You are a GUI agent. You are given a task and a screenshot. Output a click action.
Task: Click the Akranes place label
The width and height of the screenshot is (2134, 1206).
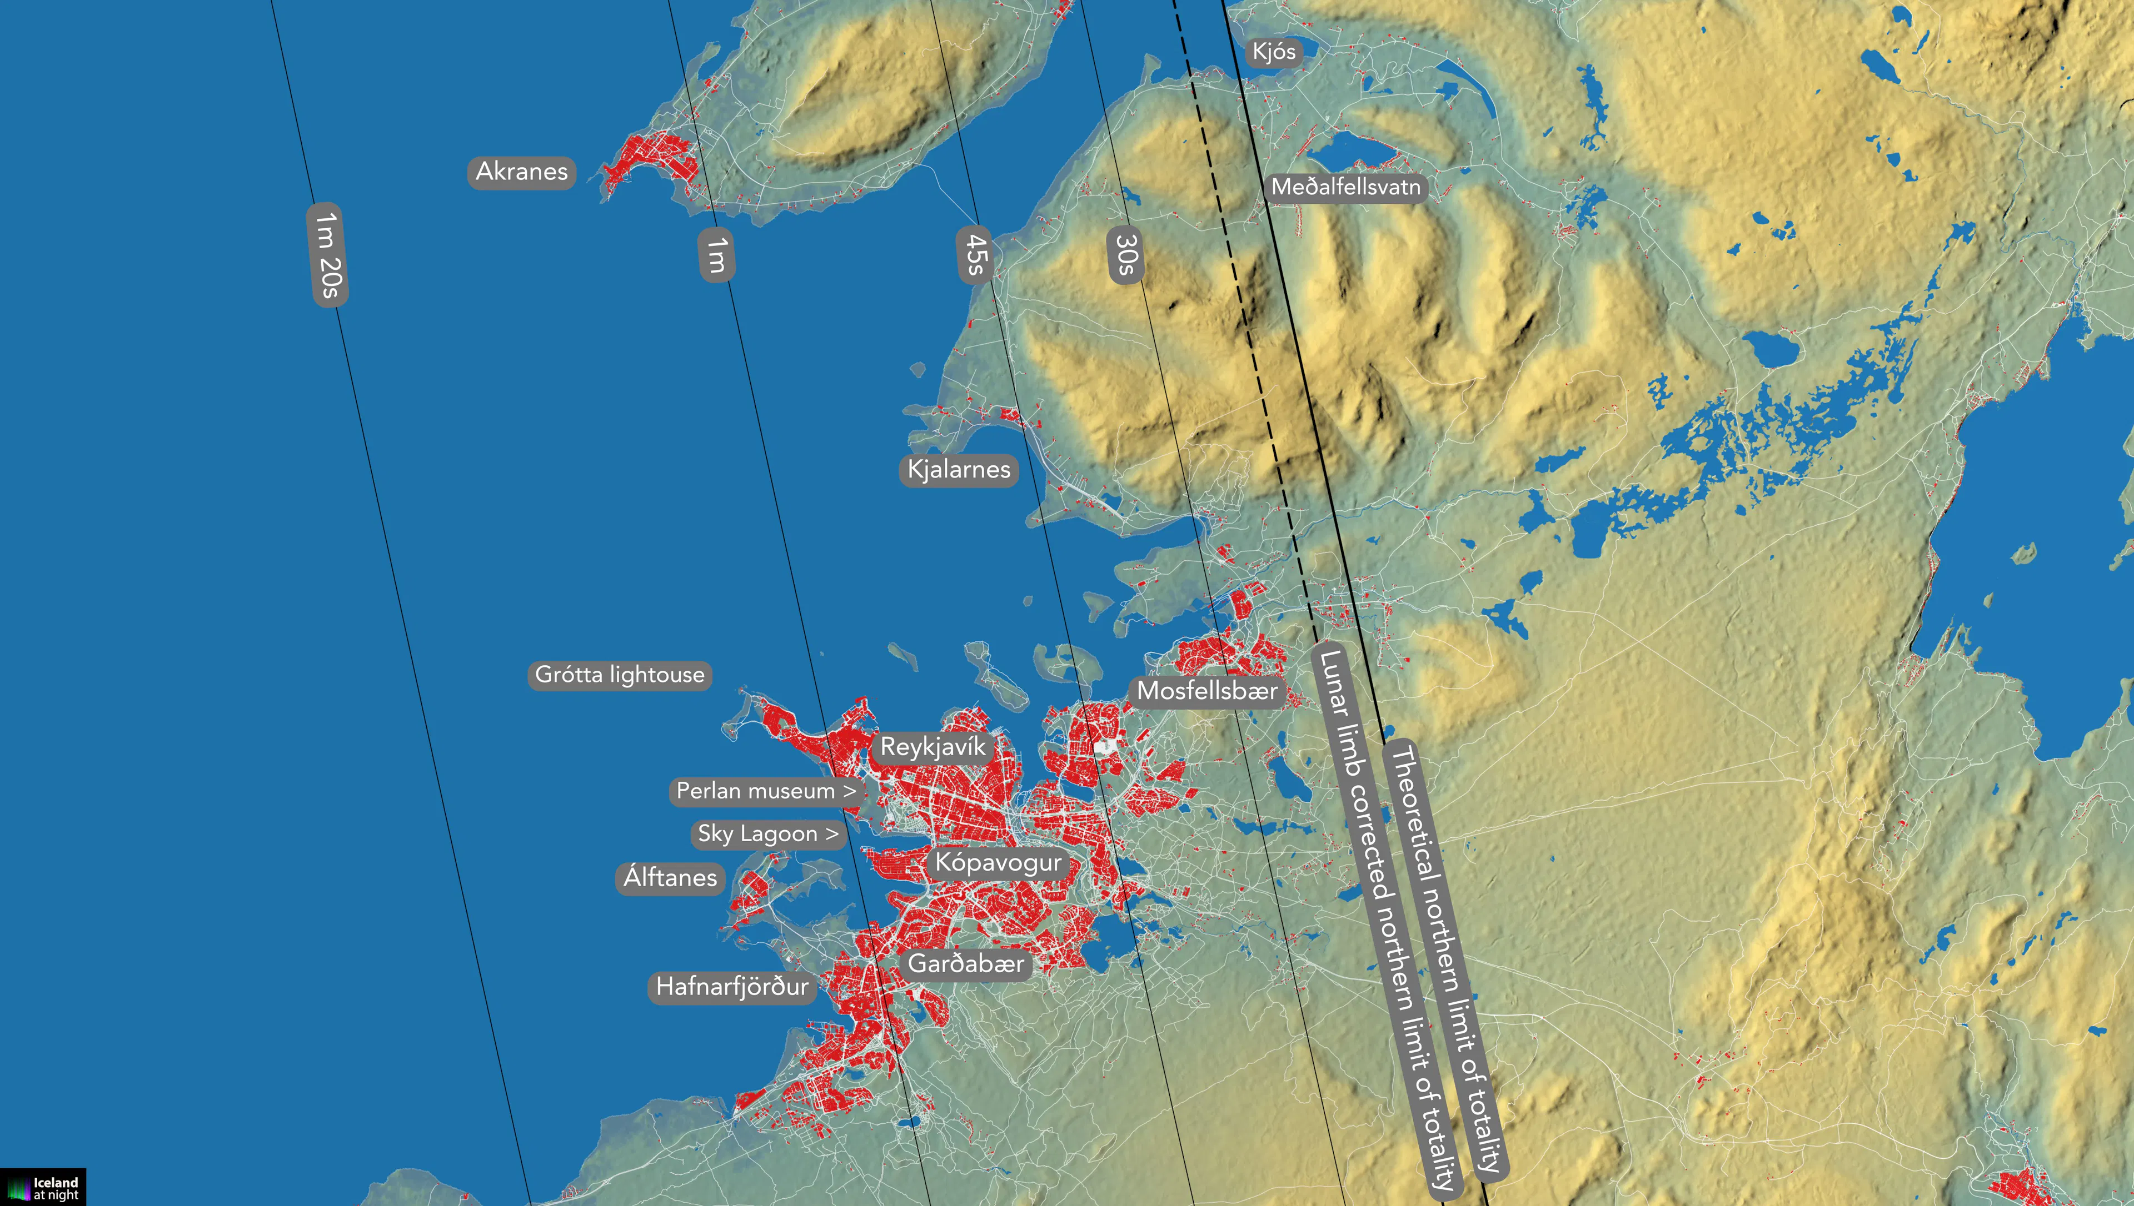coord(521,172)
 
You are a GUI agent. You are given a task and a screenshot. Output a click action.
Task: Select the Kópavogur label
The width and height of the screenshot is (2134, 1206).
coord(998,863)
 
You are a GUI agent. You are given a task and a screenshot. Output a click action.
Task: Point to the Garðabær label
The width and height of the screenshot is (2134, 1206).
coord(966,964)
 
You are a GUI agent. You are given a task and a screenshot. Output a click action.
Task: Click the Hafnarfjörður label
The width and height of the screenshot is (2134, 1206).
coord(732,987)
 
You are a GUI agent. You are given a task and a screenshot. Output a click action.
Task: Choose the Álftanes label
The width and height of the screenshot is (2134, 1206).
coord(670,877)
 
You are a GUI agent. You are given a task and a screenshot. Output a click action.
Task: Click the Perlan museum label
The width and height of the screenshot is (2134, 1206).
coord(765,791)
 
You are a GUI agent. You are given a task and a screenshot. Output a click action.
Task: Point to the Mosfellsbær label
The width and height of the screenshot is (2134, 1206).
coord(1206,691)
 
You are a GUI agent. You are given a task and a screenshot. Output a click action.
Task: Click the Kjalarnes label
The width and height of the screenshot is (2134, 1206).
coord(959,470)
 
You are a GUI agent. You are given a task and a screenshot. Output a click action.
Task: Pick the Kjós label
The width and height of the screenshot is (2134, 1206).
coord(1274,52)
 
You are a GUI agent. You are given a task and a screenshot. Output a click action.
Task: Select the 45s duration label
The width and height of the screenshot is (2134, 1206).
coord(975,254)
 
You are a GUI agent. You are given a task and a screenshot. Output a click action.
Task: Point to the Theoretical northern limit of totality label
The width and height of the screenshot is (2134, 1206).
coord(1446,957)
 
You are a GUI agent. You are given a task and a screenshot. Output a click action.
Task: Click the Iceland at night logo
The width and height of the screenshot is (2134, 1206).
coord(43,1188)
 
